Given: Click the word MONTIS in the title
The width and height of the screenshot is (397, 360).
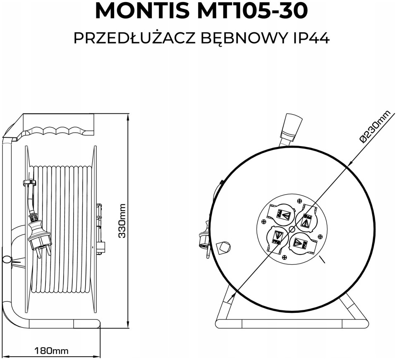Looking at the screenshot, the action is [x=141, y=11].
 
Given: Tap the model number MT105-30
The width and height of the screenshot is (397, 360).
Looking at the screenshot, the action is [x=252, y=11].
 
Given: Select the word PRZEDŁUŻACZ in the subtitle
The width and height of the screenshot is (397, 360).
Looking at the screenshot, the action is [x=134, y=38].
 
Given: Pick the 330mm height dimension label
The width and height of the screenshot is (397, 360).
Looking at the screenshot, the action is [x=122, y=221].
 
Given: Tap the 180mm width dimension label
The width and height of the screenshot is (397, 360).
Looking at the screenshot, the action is [x=51, y=350].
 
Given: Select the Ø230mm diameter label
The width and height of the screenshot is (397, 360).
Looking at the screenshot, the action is [x=378, y=127].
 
